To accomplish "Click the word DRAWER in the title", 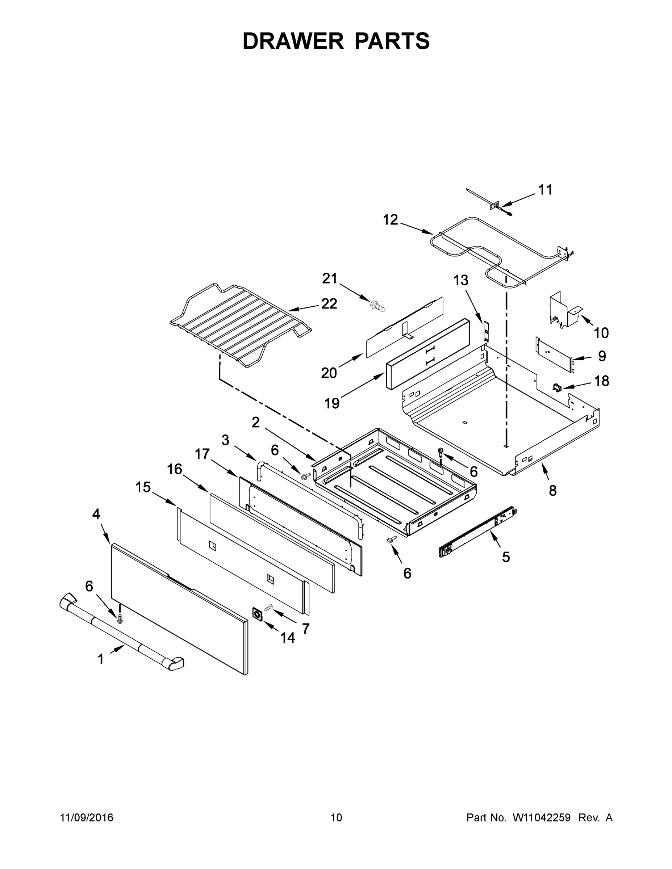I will [293, 41].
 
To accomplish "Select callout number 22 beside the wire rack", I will [329, 304].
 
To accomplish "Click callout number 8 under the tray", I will [552, 491].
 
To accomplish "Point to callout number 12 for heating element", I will [390, 220].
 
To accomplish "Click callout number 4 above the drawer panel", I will [96, 514].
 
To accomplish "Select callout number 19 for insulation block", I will [331, 403].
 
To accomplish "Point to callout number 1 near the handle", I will [101, 659].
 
